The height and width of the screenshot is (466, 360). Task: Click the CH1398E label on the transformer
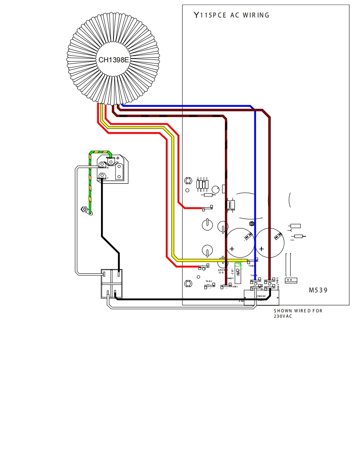(113, 60)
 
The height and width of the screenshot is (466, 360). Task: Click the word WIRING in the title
(256, 15)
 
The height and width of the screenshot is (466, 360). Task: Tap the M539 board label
(318, 290)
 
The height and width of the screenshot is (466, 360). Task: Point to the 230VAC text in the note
(283, 316)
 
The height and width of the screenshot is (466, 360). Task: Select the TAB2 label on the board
(209, 282)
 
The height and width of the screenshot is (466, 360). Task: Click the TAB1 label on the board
(235, 287)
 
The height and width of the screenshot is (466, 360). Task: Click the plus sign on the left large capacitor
(232, 249)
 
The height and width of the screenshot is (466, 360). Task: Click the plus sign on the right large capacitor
(261, 249)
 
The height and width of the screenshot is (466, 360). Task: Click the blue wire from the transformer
(254, 166)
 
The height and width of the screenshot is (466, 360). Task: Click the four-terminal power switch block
(112, 284)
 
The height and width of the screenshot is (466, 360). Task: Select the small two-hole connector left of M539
(291, 280)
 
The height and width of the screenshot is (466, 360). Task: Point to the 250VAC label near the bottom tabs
(261, 296)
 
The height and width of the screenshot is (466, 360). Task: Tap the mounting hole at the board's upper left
(188, 181)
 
